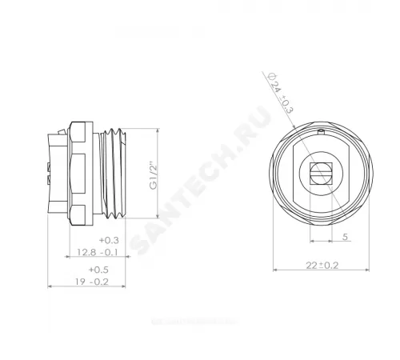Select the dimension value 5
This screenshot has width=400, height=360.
344,237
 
